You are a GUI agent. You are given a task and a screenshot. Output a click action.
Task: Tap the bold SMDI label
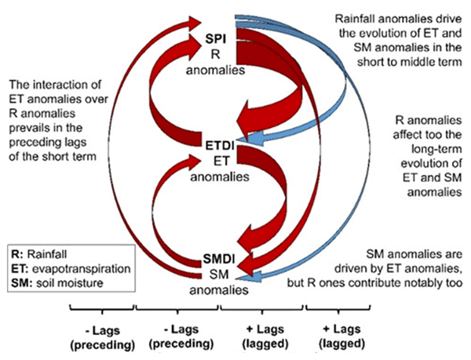216,258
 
